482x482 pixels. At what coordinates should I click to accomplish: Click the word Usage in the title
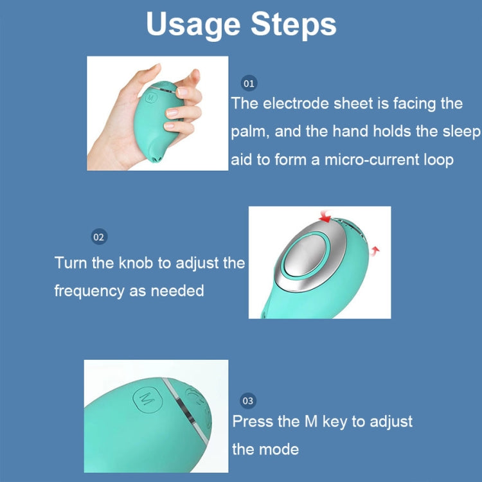click(193, 24)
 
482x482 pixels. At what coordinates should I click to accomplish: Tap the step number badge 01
click(248, 84)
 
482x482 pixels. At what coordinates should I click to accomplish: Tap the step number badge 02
click(98, 237)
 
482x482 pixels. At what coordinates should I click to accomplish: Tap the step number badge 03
click(248, 401)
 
